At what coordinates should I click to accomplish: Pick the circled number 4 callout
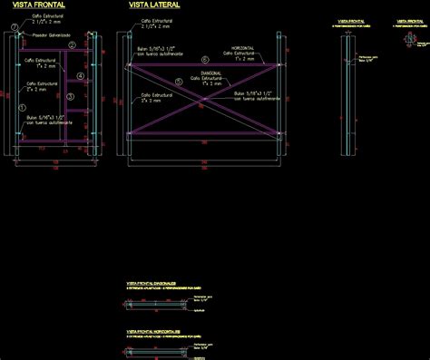[81, 76]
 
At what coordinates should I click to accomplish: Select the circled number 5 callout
[180, 83]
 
